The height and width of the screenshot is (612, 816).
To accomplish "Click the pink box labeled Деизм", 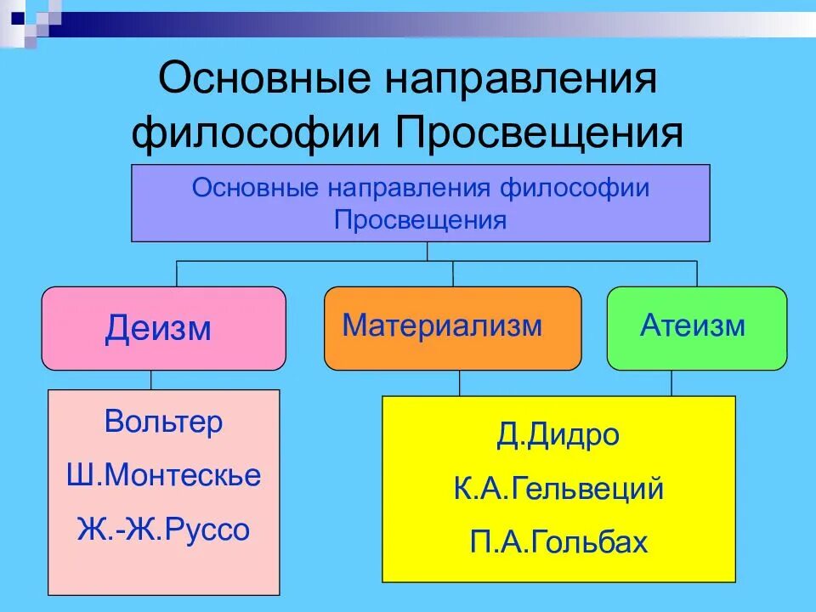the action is coord(163,328).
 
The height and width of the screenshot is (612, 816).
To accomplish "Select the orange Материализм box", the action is coord(452,328).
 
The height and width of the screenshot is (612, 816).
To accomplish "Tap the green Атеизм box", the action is coord(696,328).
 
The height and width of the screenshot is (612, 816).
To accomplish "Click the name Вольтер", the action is coord(164,422).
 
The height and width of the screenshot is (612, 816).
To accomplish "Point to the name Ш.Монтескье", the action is coord(164,475).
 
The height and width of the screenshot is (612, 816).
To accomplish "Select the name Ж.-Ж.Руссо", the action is coord(164,530).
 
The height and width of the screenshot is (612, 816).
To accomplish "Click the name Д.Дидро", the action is coord(558,436).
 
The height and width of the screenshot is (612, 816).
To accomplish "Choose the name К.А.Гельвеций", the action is coord(558,490).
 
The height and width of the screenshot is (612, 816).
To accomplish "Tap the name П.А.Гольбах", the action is coord(558,542).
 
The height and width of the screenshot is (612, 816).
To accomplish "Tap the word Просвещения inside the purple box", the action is coord(421,221).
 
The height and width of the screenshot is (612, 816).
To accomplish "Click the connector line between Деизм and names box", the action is coord(151,380).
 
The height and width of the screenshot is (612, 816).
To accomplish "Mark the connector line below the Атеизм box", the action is coord(671,383).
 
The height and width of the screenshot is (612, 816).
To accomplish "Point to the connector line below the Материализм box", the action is coord(460,383).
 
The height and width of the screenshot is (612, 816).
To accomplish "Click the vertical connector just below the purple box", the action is coord(427,251).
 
